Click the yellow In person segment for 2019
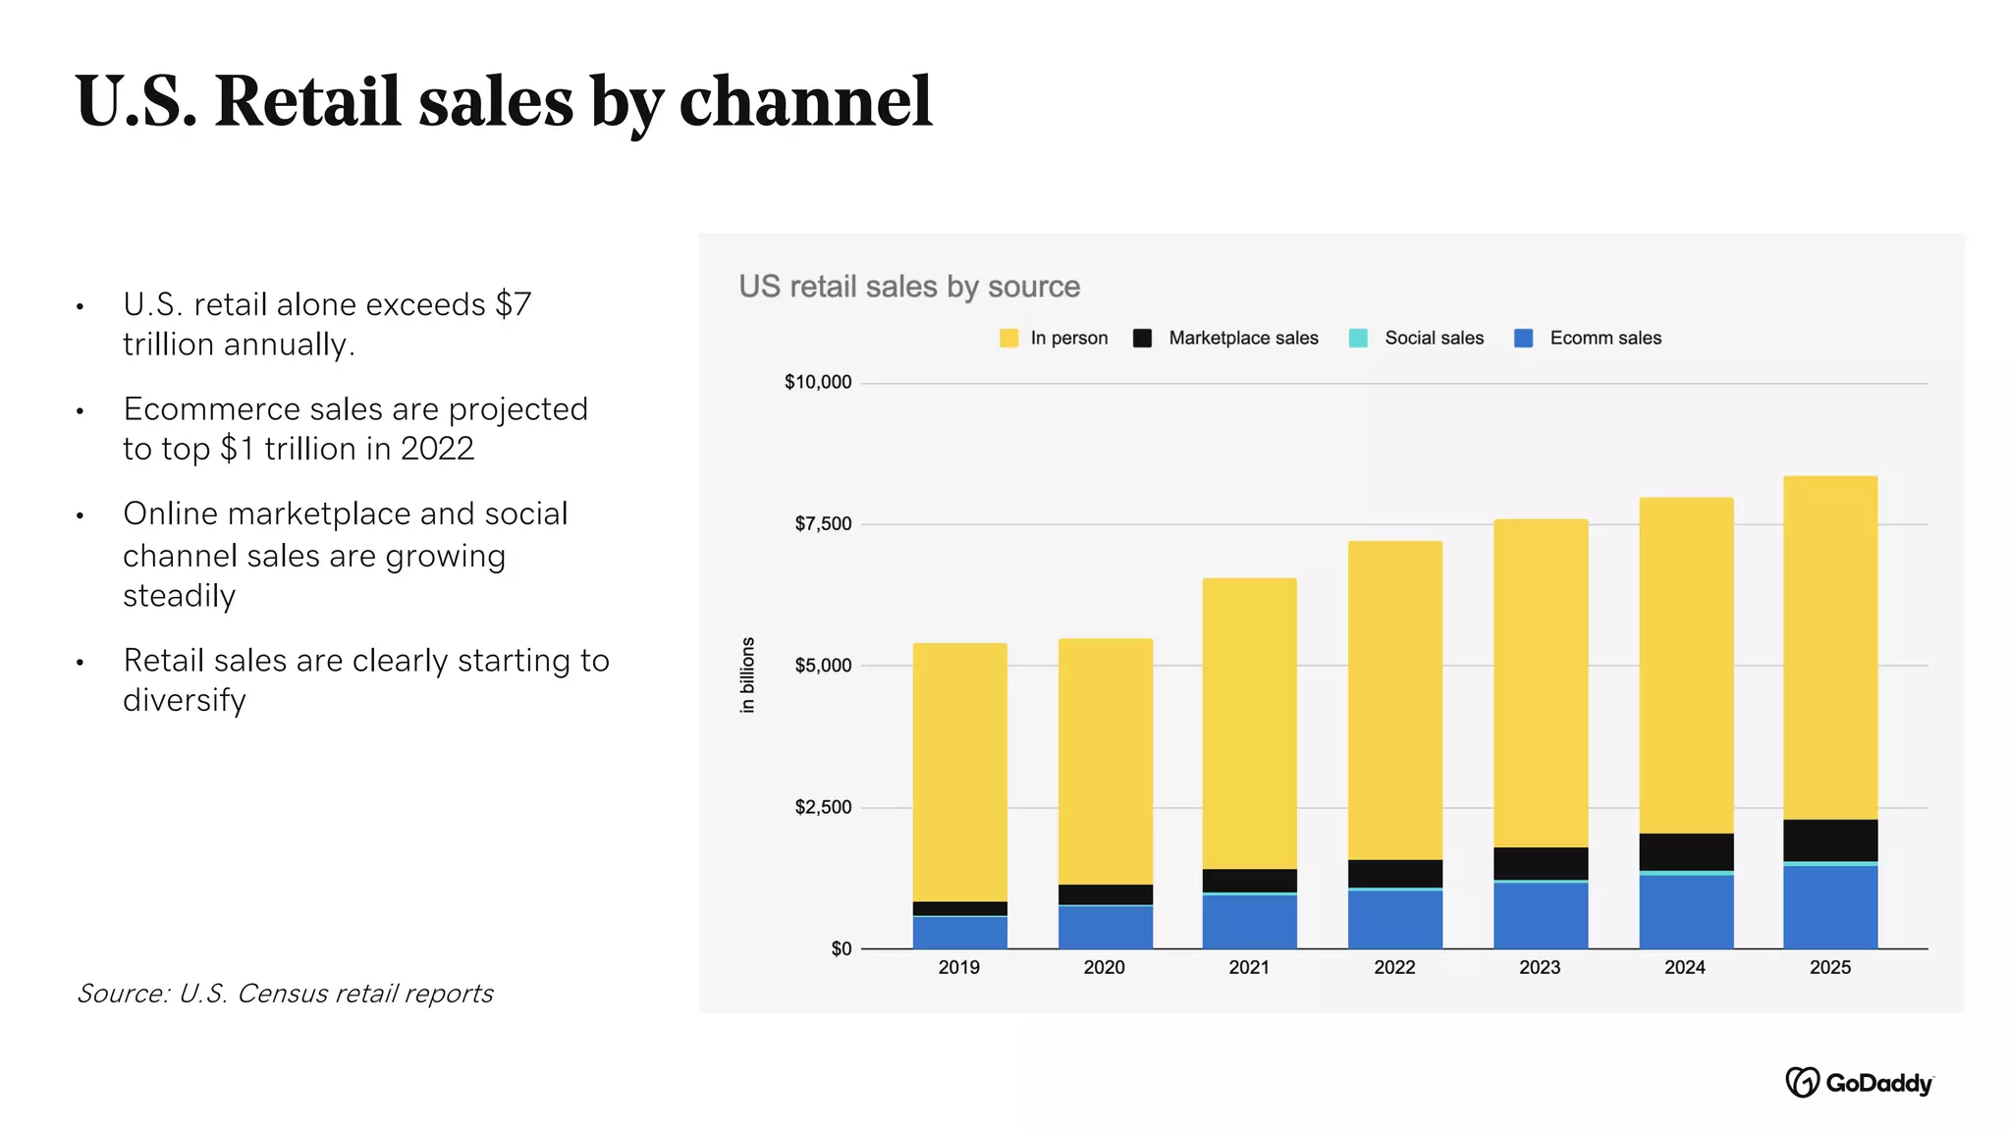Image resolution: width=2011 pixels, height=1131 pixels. (x=959, y=772)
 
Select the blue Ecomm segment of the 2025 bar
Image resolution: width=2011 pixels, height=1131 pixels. (x=1830, y=906)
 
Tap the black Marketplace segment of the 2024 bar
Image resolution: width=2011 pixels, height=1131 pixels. (x=1686, y=851)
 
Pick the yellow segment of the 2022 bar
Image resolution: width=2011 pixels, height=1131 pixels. (x=1394, y=700)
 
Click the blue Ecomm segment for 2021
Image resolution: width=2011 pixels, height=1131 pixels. (x=1249, y=921)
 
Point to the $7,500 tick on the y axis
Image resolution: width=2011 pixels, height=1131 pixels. (x=823, y=524)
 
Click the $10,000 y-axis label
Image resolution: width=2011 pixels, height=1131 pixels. (x=817, y=382)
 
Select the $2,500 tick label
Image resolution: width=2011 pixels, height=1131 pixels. (x=823, y=807)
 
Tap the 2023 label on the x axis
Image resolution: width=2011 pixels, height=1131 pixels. (x=1540, y=967)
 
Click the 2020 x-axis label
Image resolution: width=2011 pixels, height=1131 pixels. (x=1104, y=967)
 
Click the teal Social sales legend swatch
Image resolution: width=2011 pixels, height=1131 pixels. (x=1358, y=338)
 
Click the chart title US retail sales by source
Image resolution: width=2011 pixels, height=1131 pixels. (x=909, y=287)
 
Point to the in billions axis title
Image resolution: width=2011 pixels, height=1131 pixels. (x=747, y=674)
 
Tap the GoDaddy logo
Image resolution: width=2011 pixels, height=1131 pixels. (x=1859, y=1082)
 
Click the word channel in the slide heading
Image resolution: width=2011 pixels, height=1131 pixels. (x=805, y=101)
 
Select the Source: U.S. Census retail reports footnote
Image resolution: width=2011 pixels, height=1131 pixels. (x=285, y=994)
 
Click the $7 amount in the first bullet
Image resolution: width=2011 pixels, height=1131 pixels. (x=513, y=304)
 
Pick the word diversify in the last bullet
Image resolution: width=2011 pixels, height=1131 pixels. (x=185, y=701)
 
